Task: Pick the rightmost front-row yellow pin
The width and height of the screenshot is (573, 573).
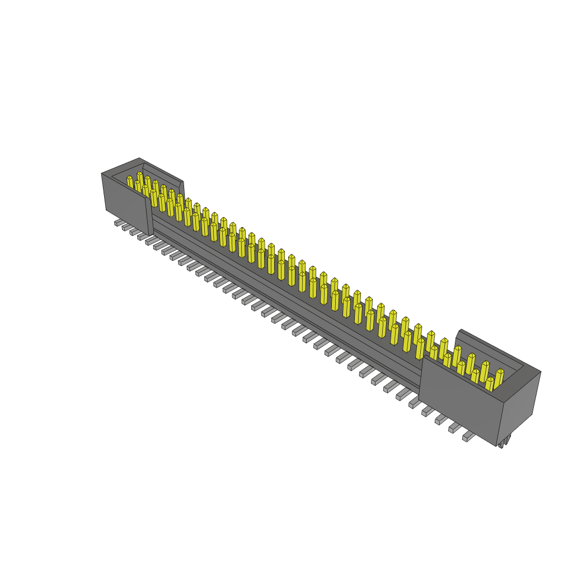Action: click(x=490, y=384)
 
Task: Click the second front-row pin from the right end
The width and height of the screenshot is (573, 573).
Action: click(x=475, y=375)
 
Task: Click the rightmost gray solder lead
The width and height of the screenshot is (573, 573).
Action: click(x=468, y=436)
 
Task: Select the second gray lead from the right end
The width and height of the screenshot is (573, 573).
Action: click(x=454, y=429)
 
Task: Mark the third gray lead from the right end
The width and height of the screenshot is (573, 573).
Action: click(x=441, y=420)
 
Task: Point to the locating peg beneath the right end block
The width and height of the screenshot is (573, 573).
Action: click(x=505, y=442)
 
